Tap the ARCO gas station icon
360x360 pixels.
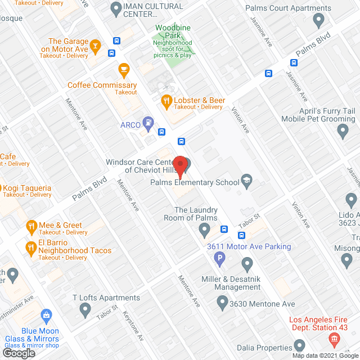(148, 121)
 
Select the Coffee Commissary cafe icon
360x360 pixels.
(124, 69)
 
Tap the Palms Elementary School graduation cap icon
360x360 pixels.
(246, 181)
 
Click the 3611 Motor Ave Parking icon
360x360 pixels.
(220, 259)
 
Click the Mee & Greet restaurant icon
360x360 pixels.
(31, 227)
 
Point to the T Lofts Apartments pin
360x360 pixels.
(85, 309)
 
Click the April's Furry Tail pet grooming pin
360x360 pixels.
(343, 132)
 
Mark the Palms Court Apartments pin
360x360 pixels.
(319, 21)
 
